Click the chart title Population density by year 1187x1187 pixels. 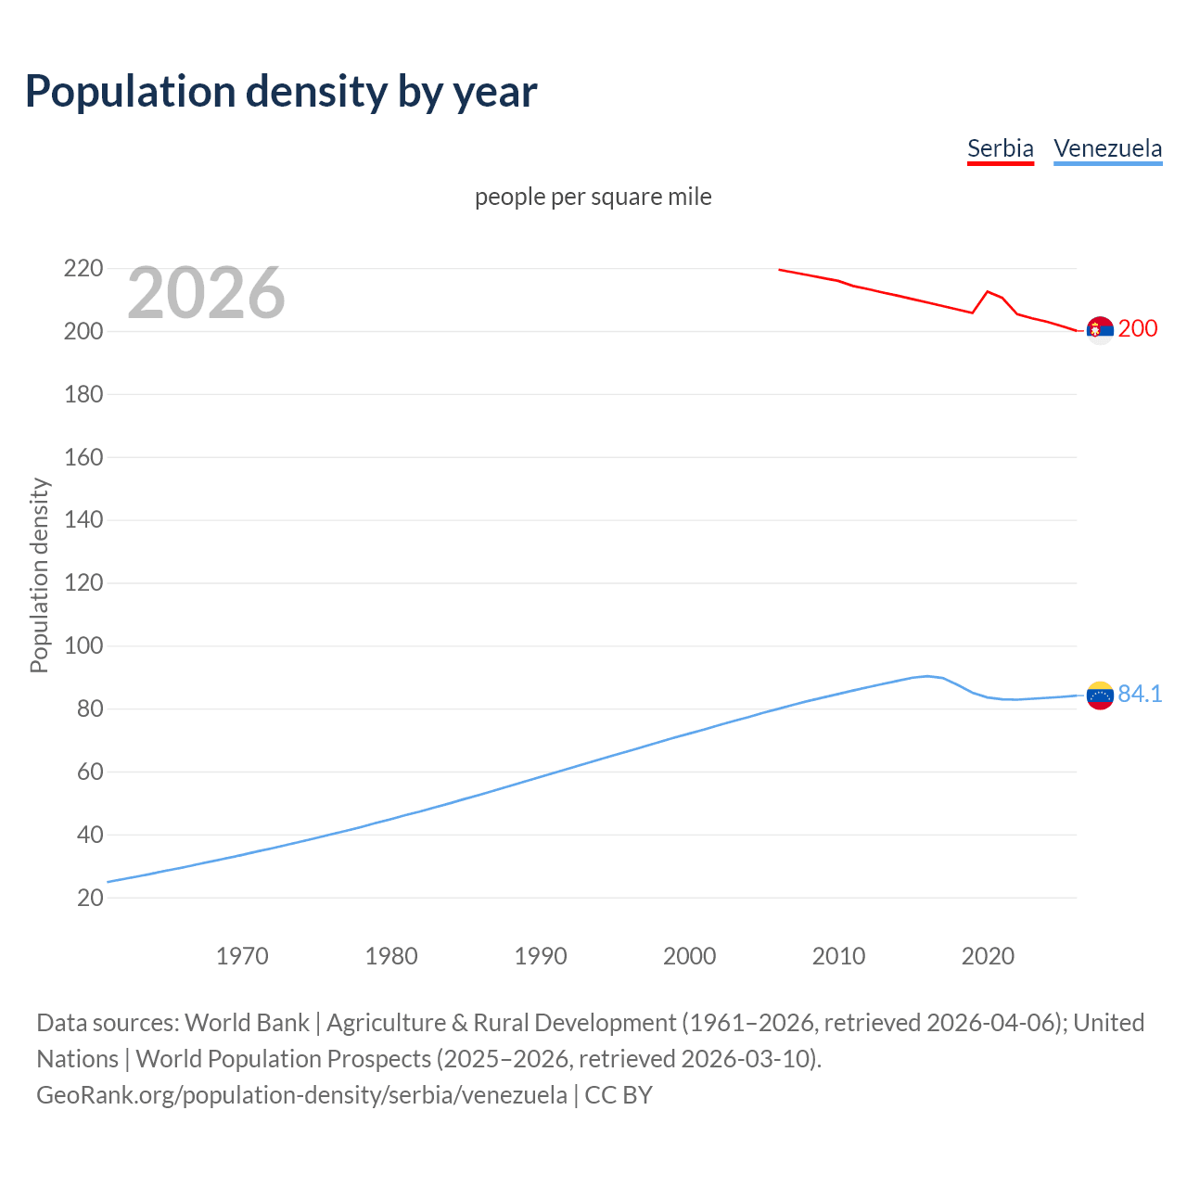point(281,92)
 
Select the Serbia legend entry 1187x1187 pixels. point(1000,148)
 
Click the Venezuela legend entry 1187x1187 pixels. point(1107,148)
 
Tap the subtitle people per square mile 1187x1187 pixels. point(593,197)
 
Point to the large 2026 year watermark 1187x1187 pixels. point(206,293)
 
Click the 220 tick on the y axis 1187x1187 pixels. point(83,269)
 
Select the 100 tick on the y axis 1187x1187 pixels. point(83,645)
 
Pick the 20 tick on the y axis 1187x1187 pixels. point(90,898)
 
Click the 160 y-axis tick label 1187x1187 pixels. point(83,457)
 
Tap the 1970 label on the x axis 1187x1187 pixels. point(242,956)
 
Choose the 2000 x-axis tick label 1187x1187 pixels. point(689,956)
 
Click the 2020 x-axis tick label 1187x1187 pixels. point(988,956)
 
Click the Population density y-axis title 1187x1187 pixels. point(39,575)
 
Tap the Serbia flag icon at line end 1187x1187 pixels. point(1100,329)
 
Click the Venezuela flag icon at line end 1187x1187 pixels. point(1100,695)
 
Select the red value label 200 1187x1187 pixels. point(1138,328)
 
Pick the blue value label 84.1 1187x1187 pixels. point(1140,694)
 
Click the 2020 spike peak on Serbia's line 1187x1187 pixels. point(988,291)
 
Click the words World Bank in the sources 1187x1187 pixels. point(247,1022)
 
